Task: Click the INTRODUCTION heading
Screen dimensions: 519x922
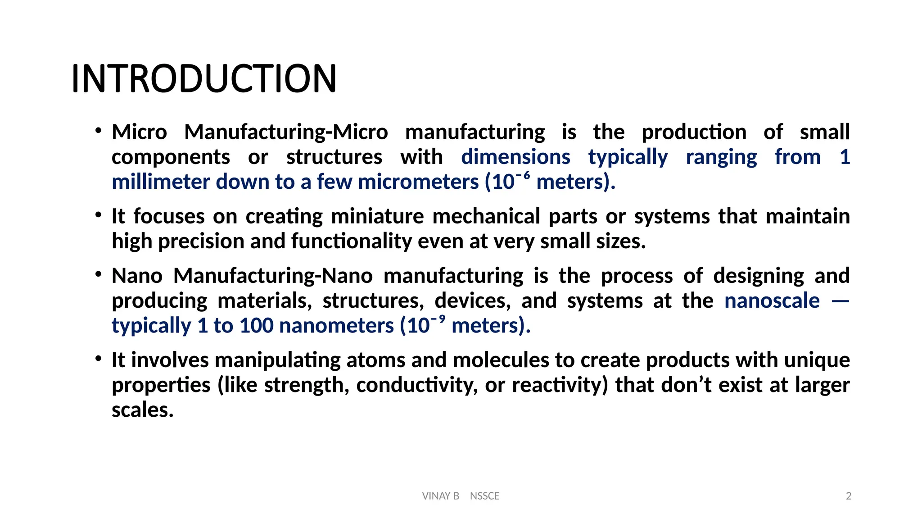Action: [204, 78]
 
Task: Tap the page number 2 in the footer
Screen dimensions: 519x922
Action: [849, 496]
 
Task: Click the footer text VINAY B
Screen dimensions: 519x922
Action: [440, 496]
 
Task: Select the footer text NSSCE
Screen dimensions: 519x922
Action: [484, 496]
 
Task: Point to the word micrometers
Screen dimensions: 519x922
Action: [418, 182]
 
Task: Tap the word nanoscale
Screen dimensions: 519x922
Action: [772, 300]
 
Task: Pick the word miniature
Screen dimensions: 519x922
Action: [377, 216]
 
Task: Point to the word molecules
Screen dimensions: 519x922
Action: [501, 360]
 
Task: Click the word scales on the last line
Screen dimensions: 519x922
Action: [142, 410]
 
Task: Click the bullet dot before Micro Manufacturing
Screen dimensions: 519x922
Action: [98, 131]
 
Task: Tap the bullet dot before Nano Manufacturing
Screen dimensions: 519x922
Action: [98, 275]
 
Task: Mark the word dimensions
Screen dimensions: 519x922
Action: [515, 157]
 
